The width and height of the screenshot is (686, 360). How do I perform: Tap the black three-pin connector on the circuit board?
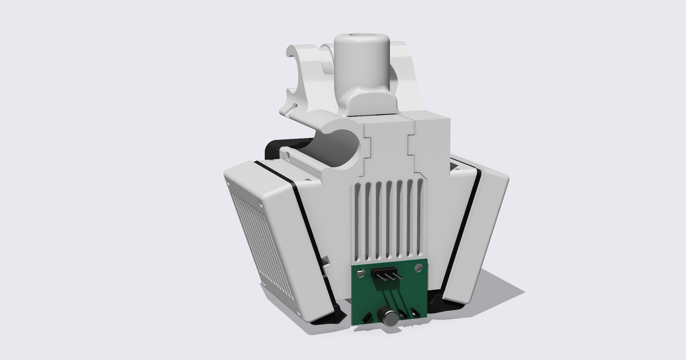click(386, 274)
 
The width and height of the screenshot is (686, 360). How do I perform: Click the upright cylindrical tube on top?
click(362, 63)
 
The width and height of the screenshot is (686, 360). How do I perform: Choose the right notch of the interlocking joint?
click(411, 145)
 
